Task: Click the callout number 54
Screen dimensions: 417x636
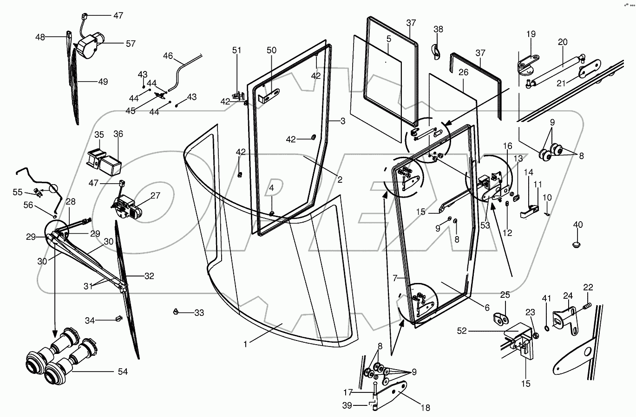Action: tap(122, 372)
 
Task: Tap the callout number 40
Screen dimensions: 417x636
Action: tap(577, 225)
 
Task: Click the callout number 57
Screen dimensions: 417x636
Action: tap(131, 44)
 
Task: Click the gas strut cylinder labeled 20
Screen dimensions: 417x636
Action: tap(556, 69)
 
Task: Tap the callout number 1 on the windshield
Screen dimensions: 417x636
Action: tap(245, 344)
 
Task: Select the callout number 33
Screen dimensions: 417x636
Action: tap(199, 313)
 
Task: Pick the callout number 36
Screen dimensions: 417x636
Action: tap(118, 134)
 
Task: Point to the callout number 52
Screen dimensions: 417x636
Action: tap(462, 331)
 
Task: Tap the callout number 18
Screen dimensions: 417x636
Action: tap(425, 408)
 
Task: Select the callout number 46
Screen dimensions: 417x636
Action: tap(168, 56)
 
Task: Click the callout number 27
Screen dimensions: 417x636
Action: tap(155, 195)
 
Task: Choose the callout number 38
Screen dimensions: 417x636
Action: tap(438, 29)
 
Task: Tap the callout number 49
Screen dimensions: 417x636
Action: tap(103, 82)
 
